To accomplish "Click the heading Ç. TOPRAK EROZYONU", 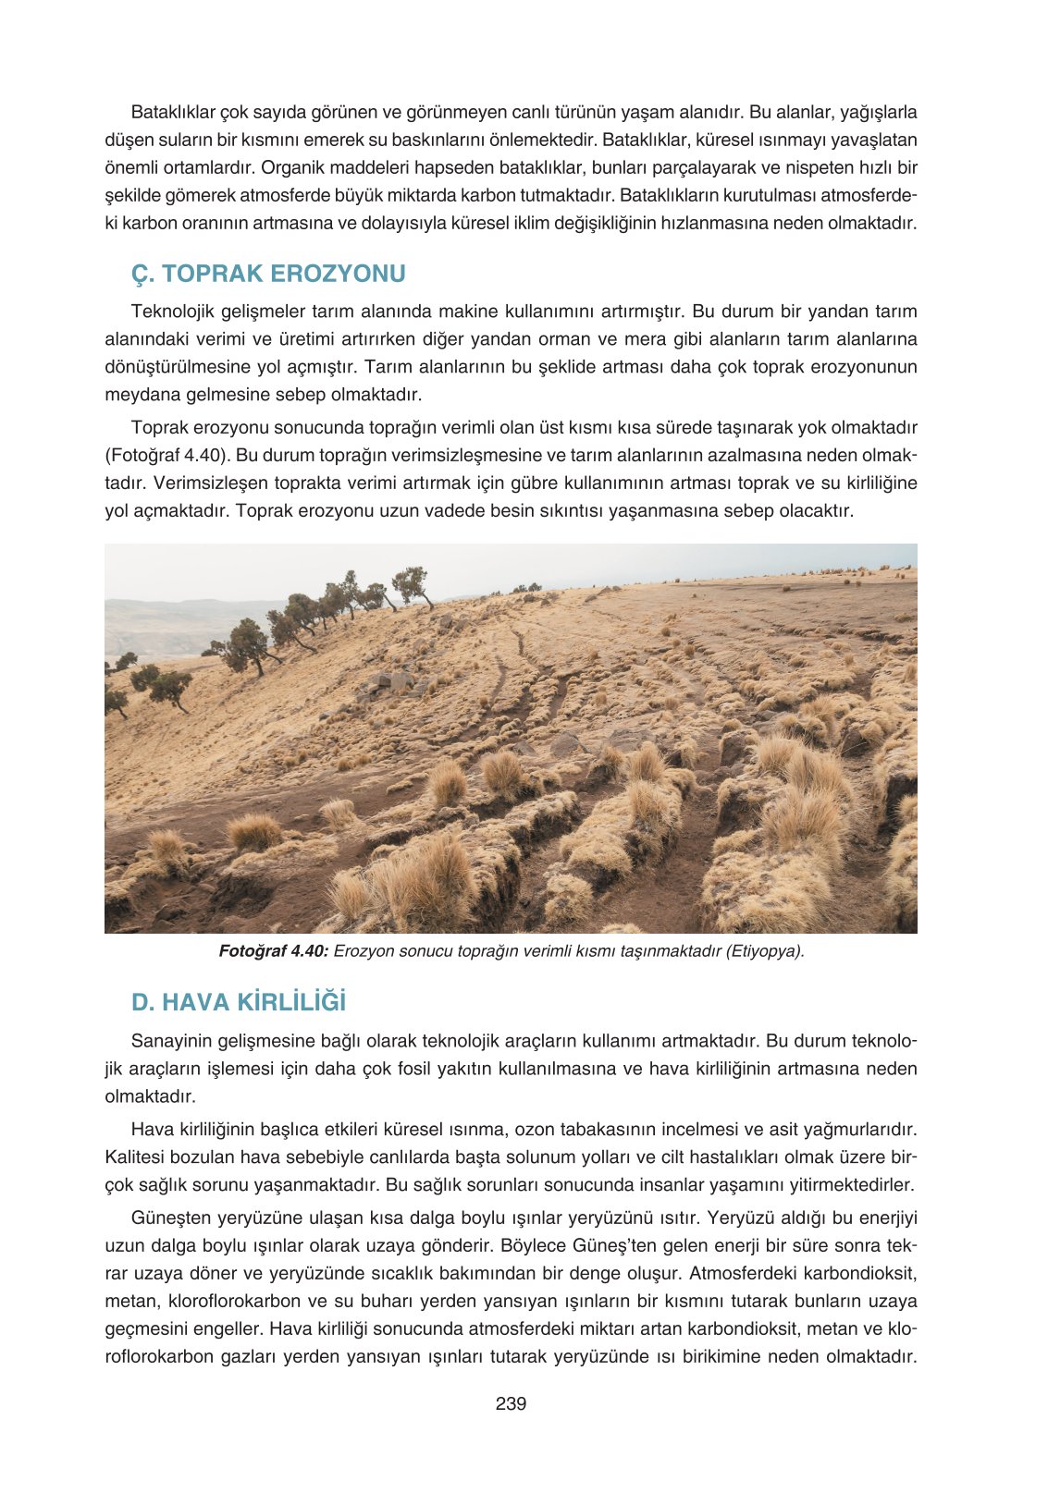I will click(x=268, y=274).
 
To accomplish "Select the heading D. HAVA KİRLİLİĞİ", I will click(x=239, y=1002).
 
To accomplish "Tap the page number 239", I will click(x=511, y=1403).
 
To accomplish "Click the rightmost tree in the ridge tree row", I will click(x=412, y=585).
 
